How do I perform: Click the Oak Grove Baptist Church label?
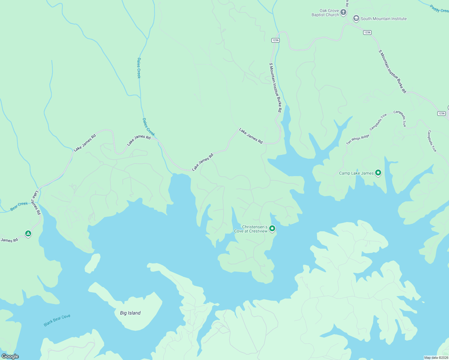pos(325,13)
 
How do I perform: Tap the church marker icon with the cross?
pos(343,12)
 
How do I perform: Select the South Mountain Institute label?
pos(384,19)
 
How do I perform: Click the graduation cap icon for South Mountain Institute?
pos(356,18)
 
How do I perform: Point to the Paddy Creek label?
pos(439,9)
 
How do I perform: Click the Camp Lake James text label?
pos(356,173)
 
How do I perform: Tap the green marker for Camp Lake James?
pos(378,172)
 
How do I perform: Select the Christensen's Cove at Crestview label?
pos(251,229)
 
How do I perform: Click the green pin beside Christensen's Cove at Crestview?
pos(272,229)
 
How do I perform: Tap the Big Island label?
pos(130,313)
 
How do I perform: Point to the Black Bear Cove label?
pos(57,320)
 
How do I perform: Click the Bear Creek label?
pos(19,206)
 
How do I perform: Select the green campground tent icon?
pos(28,233)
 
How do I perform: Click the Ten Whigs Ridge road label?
pos(358,139)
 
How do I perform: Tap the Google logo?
pos(10,356)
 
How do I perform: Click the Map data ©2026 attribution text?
pos(436,358)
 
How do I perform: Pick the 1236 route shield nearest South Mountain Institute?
pos(367,32)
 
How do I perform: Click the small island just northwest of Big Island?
pos(93,263)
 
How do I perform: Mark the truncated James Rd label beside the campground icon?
pos(9,240)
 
